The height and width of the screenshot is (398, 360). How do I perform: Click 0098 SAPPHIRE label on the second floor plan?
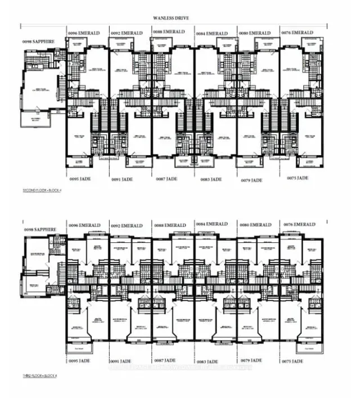[x=35, y=43]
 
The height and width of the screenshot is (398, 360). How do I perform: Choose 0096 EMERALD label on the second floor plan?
[x=84, y=34]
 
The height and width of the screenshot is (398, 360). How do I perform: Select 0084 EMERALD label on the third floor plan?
[x=212, y=224]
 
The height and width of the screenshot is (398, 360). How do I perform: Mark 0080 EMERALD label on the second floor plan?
[x=255, y=33]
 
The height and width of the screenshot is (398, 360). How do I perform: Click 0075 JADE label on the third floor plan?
[x=295, y=361]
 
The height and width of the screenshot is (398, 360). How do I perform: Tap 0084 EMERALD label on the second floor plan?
[x=212, y=34]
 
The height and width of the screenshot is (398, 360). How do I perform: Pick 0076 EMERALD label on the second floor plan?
[x=297, y=33]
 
